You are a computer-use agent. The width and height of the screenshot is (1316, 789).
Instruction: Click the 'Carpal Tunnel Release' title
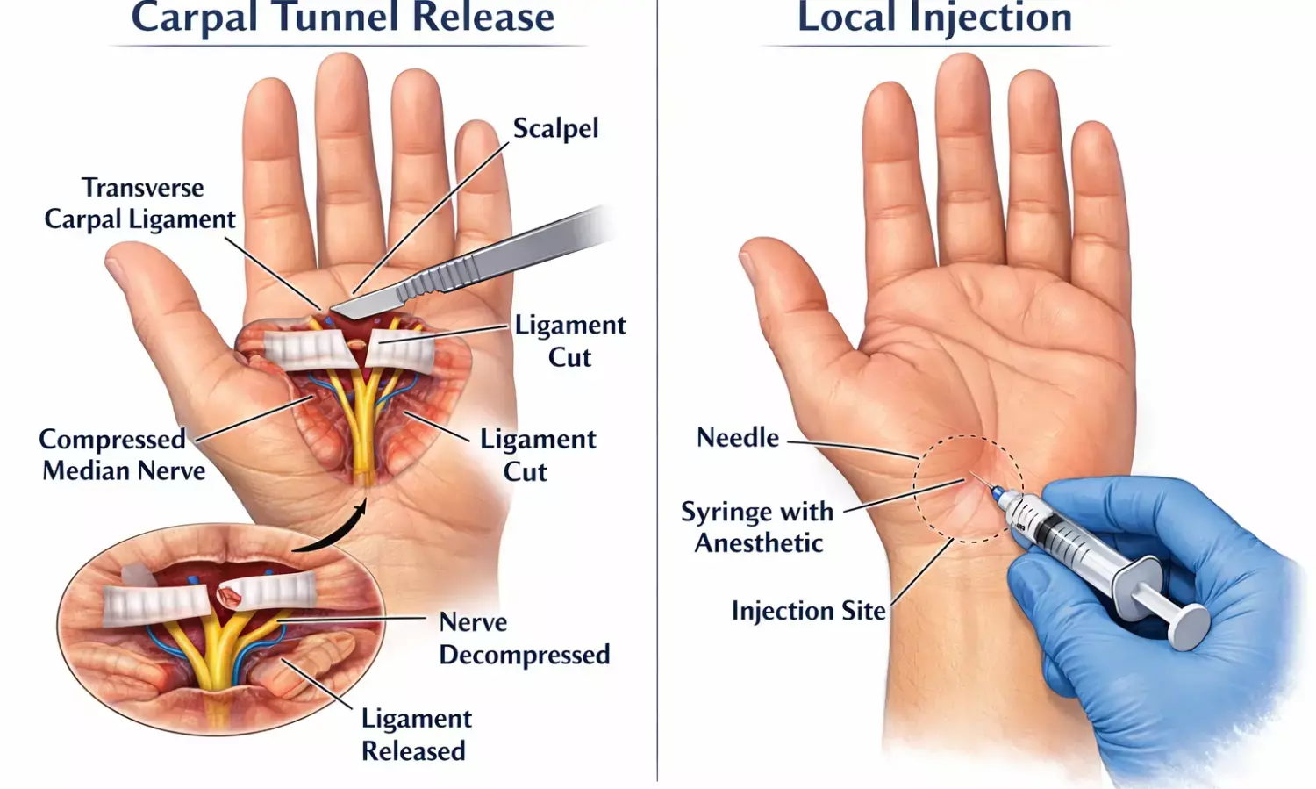point(343,18)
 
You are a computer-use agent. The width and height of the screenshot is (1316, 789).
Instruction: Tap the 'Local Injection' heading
point(934,18)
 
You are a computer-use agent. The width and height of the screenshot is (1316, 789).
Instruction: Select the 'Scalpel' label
point(555,128)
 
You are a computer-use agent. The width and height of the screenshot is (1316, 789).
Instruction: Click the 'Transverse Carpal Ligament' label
point(140,204)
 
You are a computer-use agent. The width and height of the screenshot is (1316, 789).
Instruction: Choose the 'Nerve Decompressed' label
point(524,638)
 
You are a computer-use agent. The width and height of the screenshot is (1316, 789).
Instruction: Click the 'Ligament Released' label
point(416,735)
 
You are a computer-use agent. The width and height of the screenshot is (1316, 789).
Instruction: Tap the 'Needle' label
point(737,437)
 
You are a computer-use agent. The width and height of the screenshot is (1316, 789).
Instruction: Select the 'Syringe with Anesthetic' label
point(758,527)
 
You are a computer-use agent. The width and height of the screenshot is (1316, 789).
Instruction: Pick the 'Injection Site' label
point(808,611)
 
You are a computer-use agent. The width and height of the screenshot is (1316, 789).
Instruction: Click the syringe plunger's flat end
point(1191,626)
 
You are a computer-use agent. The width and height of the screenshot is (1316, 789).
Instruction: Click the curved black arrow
point(333,531)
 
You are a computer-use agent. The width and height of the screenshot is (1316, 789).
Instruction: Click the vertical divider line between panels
point(657,395)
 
